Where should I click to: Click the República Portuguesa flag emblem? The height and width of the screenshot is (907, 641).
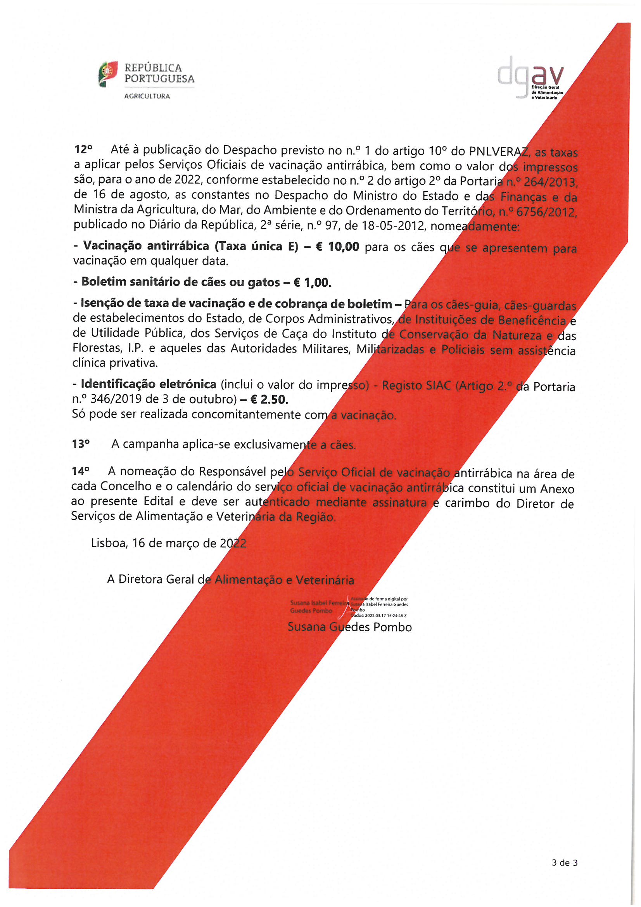click(107, 73)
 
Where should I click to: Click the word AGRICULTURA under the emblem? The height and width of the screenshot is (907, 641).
click(147, 96)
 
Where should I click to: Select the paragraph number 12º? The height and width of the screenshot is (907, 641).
click(83, 149)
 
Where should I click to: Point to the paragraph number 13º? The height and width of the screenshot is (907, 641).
click(81, 444)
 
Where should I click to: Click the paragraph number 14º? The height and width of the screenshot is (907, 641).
click(81, 471)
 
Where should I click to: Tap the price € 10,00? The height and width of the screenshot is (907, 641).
click(338, 246)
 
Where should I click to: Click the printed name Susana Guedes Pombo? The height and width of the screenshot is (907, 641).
click(349, 627)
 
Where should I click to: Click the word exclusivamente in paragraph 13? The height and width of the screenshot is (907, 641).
click(275, 445)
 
